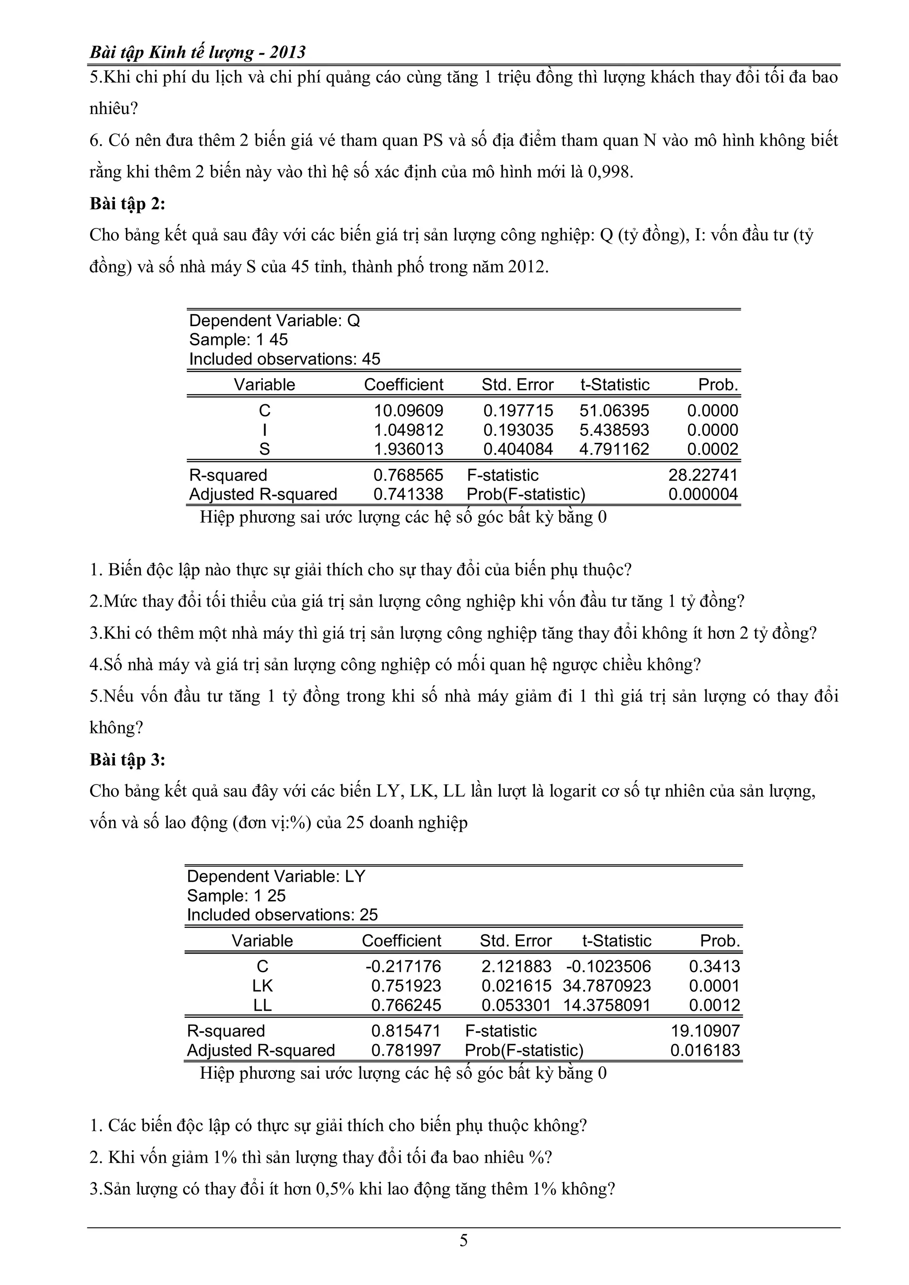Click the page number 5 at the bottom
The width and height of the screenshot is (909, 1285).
pos(463,1241)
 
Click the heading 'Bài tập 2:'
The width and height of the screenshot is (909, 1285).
pos(128,204)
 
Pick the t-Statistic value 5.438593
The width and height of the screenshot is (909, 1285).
pos(614,430)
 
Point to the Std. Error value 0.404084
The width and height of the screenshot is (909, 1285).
pos(518,449)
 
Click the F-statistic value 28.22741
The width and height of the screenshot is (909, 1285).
pos(703,475)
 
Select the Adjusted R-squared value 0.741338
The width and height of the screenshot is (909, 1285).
pos(408,494)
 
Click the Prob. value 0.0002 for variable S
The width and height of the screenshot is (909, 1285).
pos(712,449)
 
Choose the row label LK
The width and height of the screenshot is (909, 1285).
pos(262,985)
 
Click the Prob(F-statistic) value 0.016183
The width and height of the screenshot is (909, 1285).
pos(705,1050)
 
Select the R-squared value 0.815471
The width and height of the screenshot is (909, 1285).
pos(406,1031)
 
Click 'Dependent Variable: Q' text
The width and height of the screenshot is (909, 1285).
pos(274,321)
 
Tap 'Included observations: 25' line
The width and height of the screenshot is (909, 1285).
pos(282,914)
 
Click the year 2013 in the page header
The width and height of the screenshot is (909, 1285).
pos(287,53)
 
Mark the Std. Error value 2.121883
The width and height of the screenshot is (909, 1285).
pos(516,966)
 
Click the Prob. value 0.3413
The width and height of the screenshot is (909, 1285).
pos(714,966)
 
